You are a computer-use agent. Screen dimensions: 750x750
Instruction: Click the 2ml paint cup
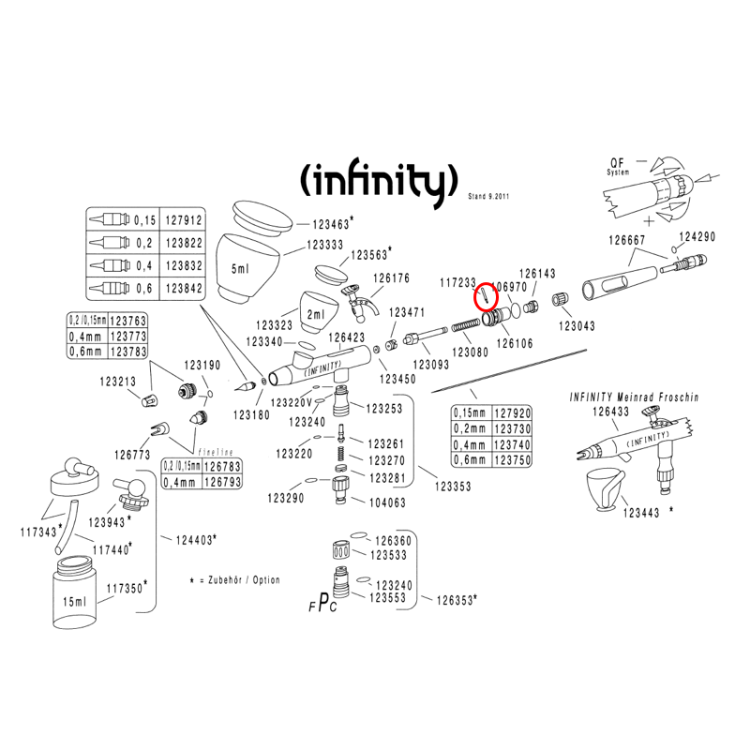click(x=318, y=310)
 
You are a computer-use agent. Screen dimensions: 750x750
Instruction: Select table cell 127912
click(x=183, y=220)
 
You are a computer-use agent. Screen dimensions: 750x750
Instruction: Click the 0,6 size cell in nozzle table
click(x=143, y=288)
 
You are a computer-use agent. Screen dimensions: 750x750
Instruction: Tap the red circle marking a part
click(x=485, y=297)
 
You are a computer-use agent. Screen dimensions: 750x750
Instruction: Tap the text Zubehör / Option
click(x=239, y=580)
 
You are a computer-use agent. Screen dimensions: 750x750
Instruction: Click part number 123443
click(x=641, y=513)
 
